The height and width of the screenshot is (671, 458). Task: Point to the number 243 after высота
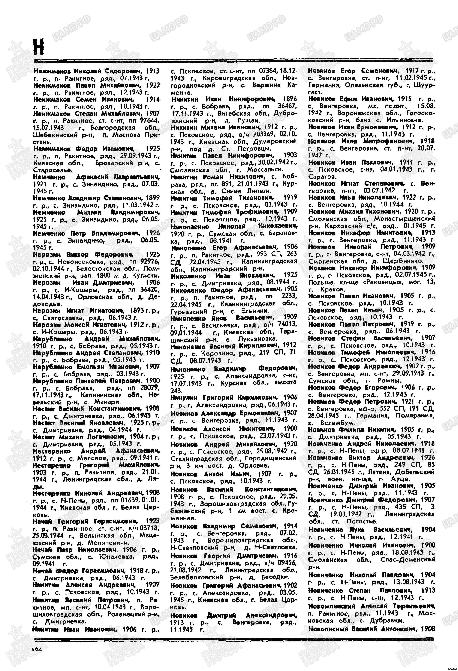point(176,390)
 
